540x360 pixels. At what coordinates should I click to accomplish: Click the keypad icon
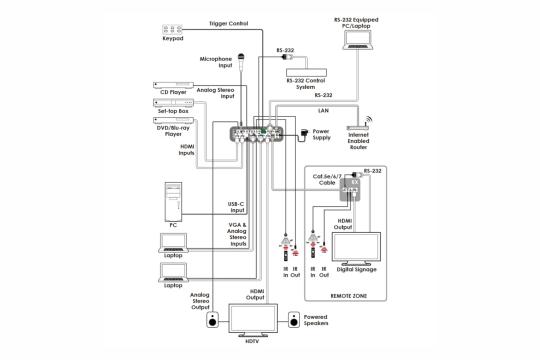[172, 30]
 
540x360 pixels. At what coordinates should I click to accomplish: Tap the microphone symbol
[241, 63]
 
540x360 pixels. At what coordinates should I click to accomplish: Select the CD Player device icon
[173, 85]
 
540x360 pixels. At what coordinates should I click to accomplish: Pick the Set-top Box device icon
[173, 103]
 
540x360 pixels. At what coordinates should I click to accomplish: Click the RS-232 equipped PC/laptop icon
[357, 40]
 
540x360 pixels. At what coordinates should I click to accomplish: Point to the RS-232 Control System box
[306, 72]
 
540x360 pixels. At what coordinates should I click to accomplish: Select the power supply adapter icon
[304, 134]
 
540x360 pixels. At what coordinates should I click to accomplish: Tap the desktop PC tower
[173, 202]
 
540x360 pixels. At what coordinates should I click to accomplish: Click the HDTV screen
[253, 320]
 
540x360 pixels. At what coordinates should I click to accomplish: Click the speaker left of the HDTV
[212, 320]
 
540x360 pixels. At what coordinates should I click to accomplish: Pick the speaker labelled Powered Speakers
[294, 320]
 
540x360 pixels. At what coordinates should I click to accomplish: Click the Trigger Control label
[229, 23]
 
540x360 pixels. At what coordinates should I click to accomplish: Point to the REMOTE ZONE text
[349, 296]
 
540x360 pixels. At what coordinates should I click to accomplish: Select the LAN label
[323, 111]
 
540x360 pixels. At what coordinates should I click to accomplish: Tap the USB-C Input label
[236, 207]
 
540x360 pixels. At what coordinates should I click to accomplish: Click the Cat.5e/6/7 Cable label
[327, 179]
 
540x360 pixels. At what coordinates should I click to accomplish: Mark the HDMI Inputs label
[187, 150]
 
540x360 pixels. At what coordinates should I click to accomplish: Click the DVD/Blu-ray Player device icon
[173, 120]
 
